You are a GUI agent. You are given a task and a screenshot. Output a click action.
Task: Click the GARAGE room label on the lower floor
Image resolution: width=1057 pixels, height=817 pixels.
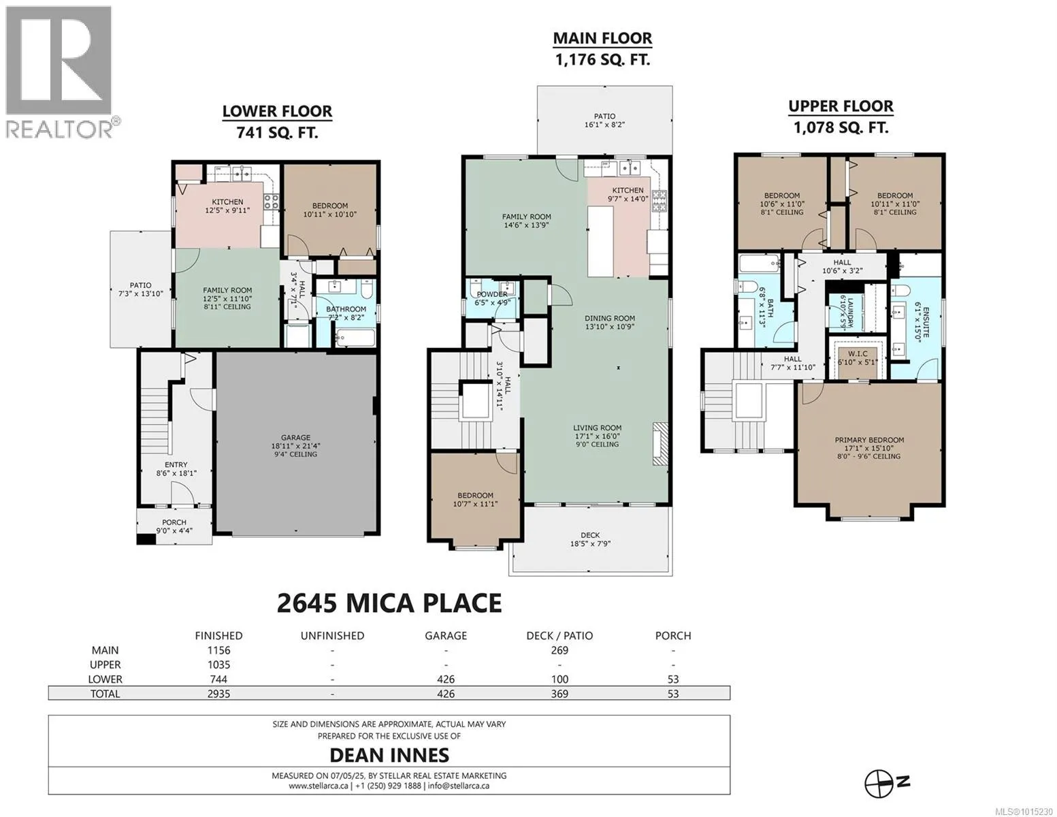(x=295, y=438)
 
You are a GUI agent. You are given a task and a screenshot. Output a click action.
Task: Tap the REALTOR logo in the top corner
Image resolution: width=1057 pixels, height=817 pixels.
(x=61, y=72)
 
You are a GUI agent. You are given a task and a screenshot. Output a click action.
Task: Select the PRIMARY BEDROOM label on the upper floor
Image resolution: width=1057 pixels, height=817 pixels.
(x=869, y=440)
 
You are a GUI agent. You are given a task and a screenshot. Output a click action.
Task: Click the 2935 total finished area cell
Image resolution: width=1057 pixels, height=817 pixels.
(x=219, y=693)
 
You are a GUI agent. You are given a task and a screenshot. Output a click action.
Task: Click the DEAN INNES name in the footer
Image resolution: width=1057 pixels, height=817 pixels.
(x=389, y=755)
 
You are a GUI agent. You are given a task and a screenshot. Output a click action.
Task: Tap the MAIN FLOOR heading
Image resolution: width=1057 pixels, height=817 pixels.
(x=602, y=38)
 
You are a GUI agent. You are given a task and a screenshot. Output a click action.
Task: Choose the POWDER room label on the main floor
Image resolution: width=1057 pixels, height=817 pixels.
(x=492, y=294)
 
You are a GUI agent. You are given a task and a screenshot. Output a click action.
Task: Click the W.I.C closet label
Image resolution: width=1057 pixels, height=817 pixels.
(x=858, y=354)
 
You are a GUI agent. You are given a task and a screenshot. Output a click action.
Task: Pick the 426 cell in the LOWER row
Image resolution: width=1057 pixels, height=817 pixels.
(x=446, y=679)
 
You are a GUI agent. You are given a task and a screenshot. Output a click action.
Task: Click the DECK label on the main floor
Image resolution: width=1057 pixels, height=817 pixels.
(x=590, y=534)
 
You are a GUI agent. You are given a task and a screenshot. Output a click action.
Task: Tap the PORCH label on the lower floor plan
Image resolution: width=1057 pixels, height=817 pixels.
(x=174, y=522)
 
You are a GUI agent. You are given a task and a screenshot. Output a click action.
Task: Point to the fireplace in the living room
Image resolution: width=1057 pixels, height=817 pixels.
(x=657, y=445)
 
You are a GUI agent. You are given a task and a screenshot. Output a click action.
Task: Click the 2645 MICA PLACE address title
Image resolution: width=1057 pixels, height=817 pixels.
(x=389, y=603)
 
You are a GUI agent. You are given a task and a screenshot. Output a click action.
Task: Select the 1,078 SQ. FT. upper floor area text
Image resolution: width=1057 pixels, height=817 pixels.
(x=841, y=127)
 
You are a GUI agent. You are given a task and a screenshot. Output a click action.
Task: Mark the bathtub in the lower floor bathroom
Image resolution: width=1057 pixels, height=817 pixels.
(x=355, y=338)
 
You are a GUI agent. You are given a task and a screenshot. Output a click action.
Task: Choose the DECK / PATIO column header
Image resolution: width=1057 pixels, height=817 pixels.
(x=559, y=635)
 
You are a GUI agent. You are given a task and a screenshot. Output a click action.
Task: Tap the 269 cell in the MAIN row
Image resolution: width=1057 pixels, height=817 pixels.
(x=559, y=650)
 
